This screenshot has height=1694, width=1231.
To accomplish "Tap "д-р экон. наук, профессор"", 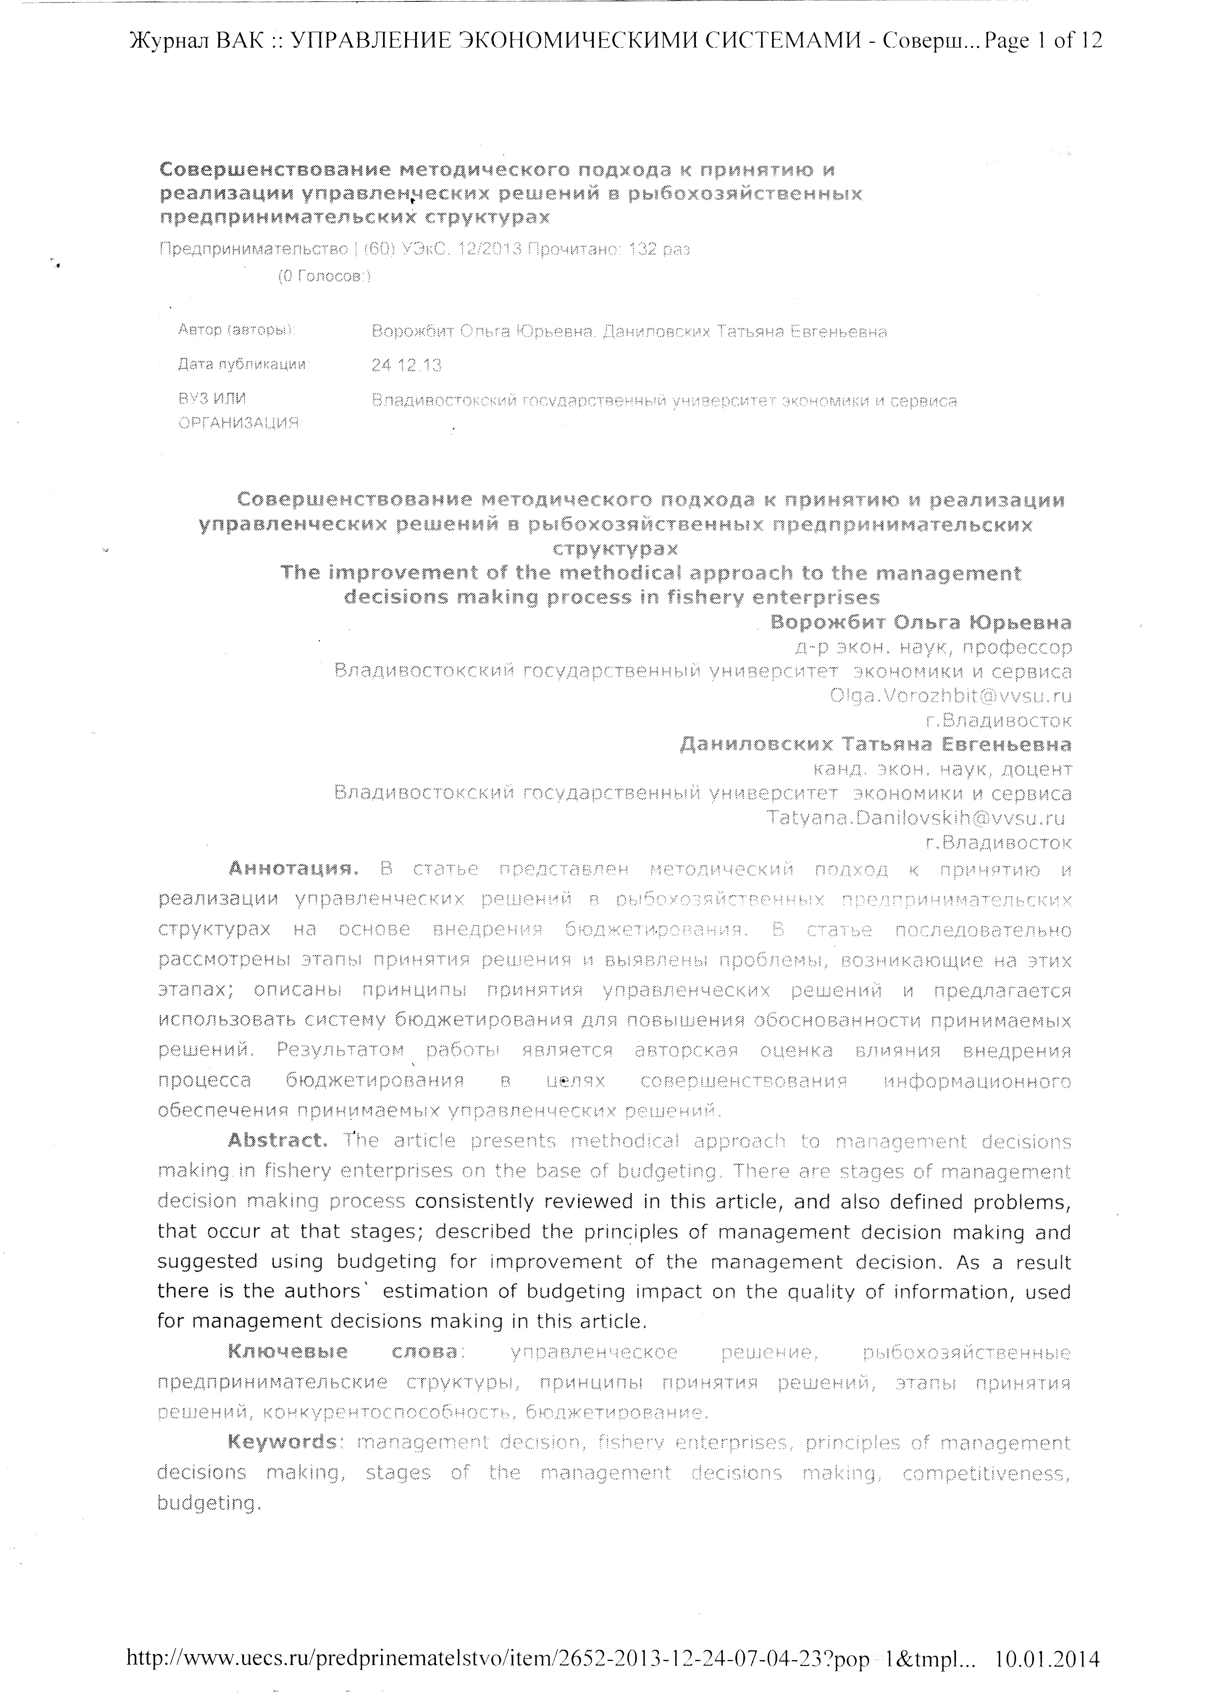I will click(x=933, y=647).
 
